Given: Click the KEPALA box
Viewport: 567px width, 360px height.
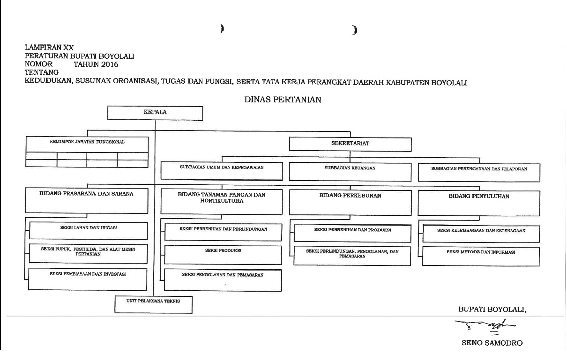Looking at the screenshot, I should click(155, 113).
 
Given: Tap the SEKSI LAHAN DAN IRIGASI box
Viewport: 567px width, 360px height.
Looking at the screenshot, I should click(88, 230).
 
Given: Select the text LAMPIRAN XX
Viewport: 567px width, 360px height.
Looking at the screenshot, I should click(49, 48).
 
